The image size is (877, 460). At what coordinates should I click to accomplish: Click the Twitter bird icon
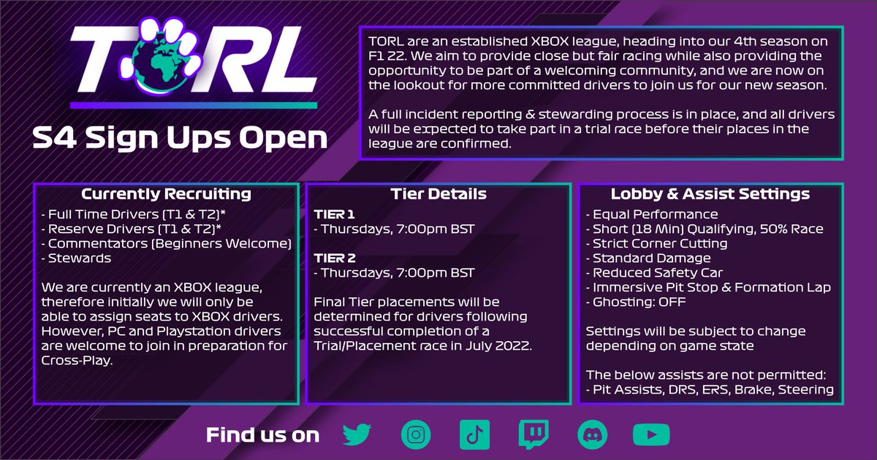[x=357, y=435]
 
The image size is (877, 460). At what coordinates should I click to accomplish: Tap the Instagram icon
[x=416, y=435]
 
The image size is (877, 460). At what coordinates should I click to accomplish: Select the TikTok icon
[x=474, y=435]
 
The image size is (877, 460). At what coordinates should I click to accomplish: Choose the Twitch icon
[x=533, y=435]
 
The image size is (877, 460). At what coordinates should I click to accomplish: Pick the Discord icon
[x=591, y=435]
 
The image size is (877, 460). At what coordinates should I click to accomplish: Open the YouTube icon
[x=648, y=435]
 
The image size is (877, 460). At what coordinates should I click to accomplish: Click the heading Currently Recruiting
[x=166, y=194]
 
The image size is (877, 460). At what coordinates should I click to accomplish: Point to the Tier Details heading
[x=438, y=194]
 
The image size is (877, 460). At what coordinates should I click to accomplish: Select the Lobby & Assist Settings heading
[x=710, y=194]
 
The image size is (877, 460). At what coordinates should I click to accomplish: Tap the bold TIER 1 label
[x=335, y=214]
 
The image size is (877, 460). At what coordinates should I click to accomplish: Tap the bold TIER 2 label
[x=335, y=258]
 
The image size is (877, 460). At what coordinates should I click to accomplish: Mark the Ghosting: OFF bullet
[x=637, y=302]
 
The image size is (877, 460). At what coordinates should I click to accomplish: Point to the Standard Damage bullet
[x=648, y=258]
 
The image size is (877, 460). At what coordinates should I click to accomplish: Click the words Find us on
[x=262, y=435]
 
